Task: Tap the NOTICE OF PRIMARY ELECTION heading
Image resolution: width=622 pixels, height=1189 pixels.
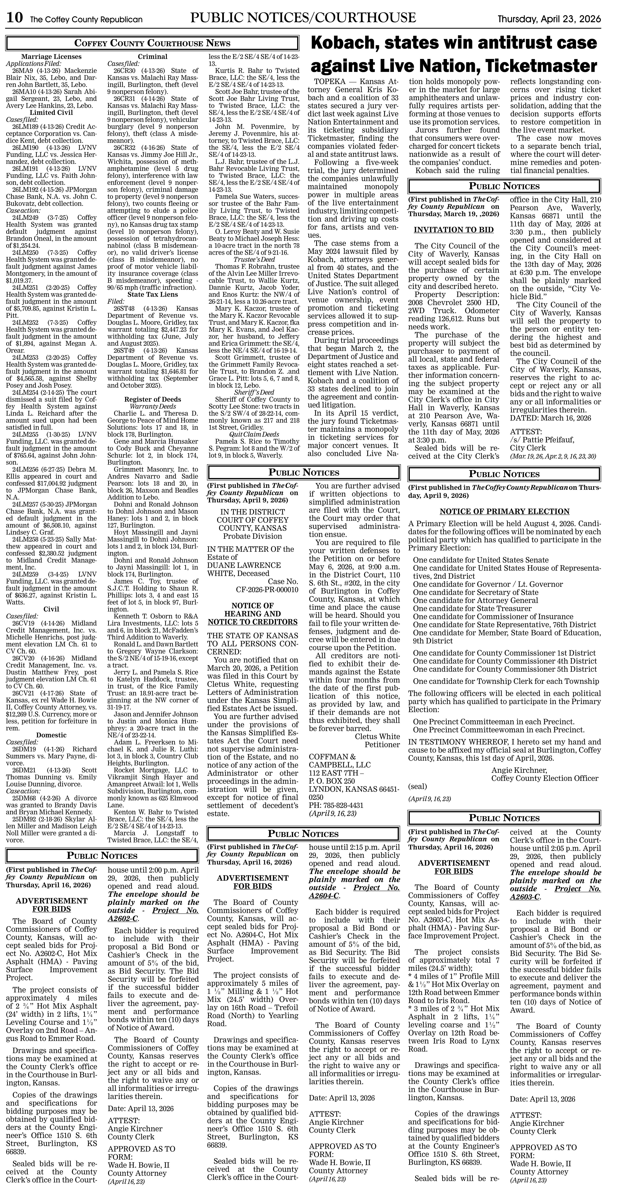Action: pyautogui.click(x=504, y=511)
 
